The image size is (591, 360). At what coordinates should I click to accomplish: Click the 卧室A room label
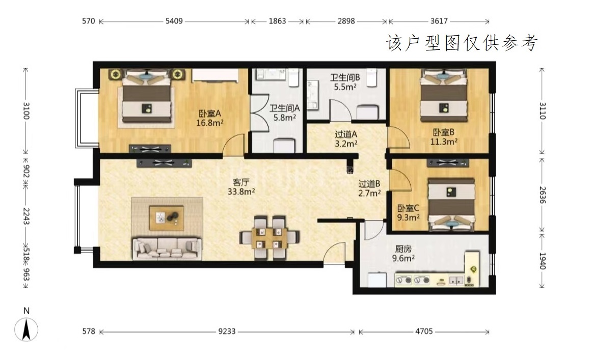point(209,113)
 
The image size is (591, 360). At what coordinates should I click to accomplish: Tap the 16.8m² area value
point(209,123)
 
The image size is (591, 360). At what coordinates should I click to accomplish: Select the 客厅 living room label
point(241,182)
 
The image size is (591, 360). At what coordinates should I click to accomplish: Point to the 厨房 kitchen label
point(403,249)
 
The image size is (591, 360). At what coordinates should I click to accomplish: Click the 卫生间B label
point(345,77)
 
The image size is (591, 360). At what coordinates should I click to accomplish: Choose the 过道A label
point(346,134)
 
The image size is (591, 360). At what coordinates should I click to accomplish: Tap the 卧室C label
point(408,208)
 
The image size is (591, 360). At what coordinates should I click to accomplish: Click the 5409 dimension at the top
point(174,21)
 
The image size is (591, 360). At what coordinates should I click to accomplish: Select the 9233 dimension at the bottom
point(227,331)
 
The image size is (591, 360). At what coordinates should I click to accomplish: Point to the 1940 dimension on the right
point(542,261)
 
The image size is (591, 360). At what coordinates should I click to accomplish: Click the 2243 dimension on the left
point(26,216)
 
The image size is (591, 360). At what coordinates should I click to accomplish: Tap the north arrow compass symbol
point(26,329)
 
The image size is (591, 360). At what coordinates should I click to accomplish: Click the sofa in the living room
point(167,248)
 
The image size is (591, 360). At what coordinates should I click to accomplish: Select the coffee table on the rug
point(167,218)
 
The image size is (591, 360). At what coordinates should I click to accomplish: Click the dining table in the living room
point(270,237)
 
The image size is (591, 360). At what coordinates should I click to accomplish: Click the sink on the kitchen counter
point(456,280)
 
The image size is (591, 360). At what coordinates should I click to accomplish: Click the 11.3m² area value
point(444,142)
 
